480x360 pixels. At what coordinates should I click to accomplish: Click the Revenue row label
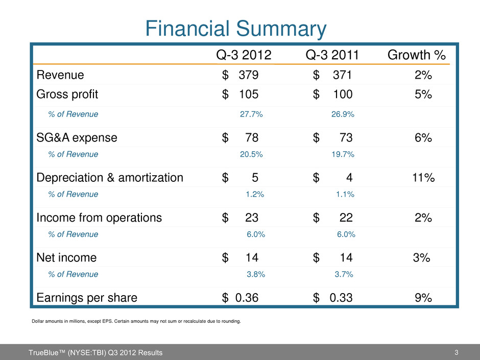point(60,75)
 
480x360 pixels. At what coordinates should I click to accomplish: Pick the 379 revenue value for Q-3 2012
point(249,75)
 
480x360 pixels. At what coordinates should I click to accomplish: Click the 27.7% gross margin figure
point(251,114)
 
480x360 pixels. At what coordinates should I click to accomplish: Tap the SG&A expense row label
point(77,137)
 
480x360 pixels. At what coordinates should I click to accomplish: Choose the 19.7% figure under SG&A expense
point(343,154)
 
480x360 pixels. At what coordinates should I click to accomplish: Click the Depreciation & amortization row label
point(110,178)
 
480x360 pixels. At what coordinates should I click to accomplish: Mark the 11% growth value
point(423,178)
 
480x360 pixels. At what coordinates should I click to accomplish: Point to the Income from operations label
point(99,218)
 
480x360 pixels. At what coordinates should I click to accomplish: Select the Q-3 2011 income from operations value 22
point(346,218)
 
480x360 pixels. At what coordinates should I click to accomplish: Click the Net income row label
point(66,258)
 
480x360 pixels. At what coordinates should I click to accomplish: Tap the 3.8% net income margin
point(255,274)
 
